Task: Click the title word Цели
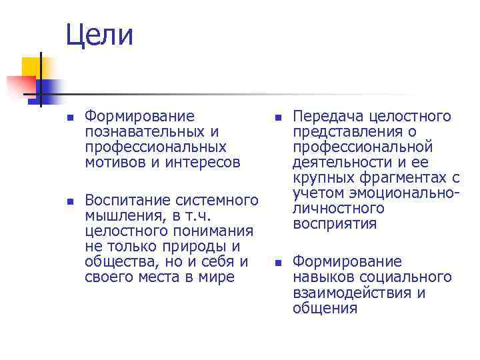pos(99,35)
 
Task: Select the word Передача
pos(327,117)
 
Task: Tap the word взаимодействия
pos(353,293)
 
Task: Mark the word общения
pos(325,308)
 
